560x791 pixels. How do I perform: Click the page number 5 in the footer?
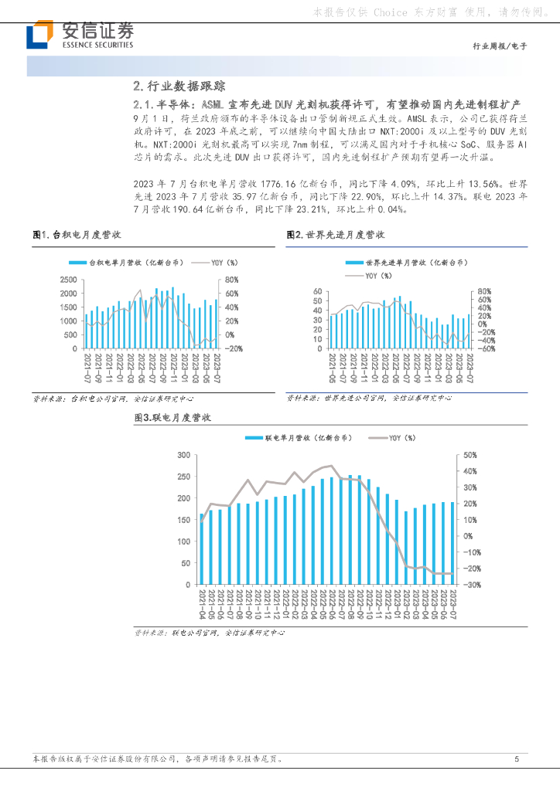coord(516,759)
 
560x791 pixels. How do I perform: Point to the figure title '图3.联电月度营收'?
coord(172,417)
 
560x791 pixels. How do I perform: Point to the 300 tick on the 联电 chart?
coord(184,455)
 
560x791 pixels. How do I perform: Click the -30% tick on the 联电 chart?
coord(471,585)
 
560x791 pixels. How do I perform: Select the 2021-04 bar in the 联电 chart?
coord(202,548)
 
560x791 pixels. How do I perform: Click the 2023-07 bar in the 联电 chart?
coord(452,543)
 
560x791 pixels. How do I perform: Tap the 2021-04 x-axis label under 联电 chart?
coord(202,603)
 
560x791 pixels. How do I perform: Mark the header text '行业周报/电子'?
coord(499,46)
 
